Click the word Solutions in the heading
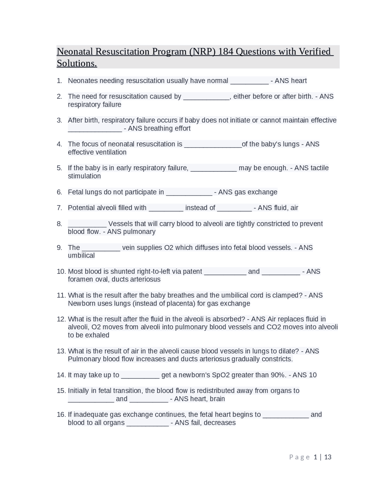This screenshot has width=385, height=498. click(x=76, y=63)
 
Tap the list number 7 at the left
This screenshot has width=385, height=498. click(x=59, y=208)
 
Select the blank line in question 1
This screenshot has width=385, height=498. click(x=249, y=81)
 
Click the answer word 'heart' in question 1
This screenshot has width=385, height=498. click(x=299, y=81)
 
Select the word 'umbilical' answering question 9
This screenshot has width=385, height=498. click(x=81, y=256)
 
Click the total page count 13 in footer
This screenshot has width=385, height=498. click(x=328, y=457)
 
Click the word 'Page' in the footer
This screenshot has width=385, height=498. click(x=299, y=457)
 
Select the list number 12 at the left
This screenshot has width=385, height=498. click(x=61, y=319)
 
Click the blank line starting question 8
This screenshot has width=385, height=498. click(x=87, y=224)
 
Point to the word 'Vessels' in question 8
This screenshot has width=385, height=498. click(x=120, y=224)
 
